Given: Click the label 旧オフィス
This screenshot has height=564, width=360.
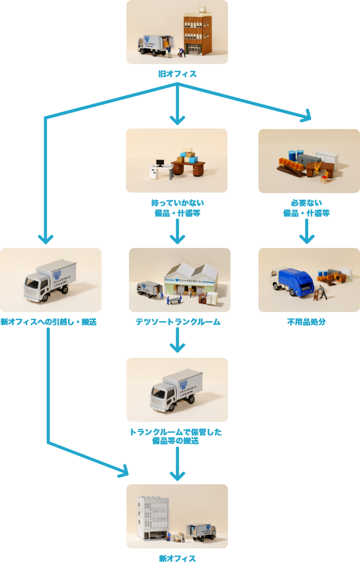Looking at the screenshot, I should click(177, 74).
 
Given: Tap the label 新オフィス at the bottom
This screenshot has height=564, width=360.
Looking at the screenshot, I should click(177, 558).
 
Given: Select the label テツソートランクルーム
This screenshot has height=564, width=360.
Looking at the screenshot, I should click(178, 322).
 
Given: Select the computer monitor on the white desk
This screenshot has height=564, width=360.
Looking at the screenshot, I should click(160, 164).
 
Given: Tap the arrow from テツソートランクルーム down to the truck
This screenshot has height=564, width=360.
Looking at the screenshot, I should click(177, 340).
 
